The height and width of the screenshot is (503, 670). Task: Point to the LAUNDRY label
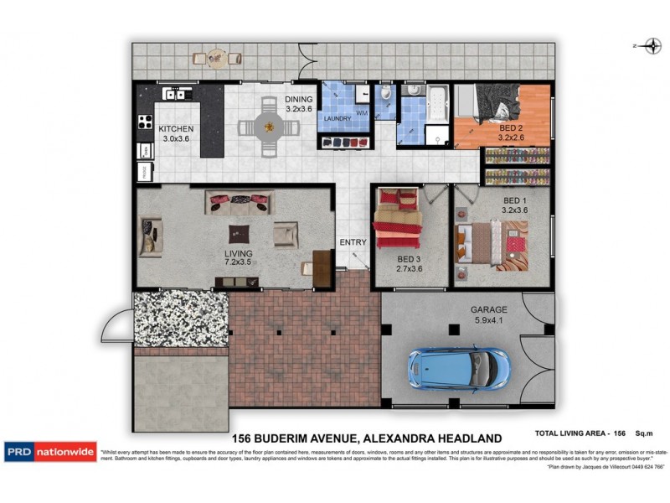[338, 118]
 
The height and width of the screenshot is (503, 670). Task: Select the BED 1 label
[515, 200]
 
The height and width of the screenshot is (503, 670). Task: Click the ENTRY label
[353, 242]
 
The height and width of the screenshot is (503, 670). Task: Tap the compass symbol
[649, 46]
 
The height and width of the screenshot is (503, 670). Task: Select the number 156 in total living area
[620, 434]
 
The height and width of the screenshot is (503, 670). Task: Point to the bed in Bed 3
[399, 220]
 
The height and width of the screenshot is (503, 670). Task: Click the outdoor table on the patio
[217, 57]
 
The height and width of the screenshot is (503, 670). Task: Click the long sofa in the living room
[240, 201]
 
